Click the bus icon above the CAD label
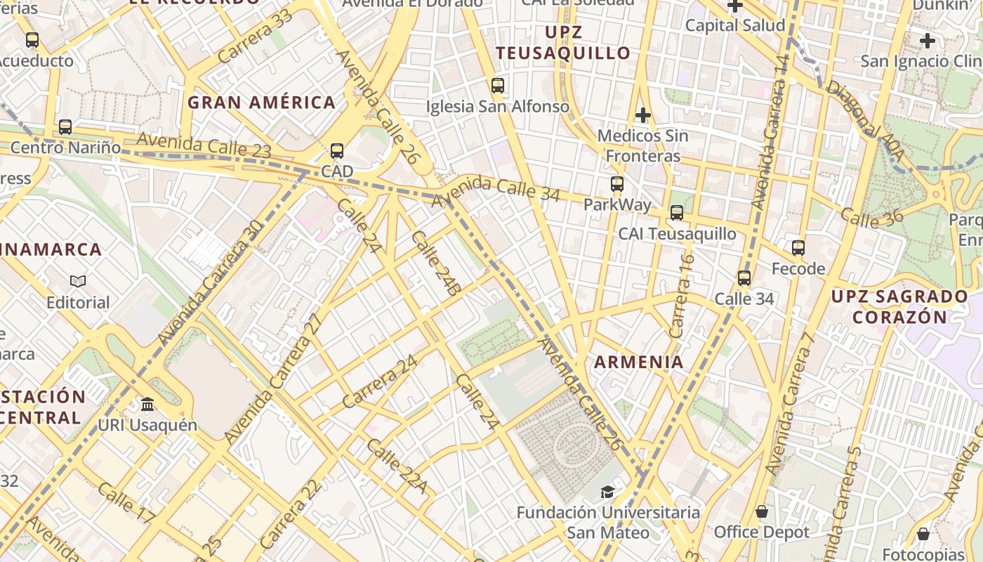[337, 151]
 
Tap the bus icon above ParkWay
[617, 184]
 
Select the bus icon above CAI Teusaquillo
[677, 213]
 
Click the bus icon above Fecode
[798, 248]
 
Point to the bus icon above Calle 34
[744, 278]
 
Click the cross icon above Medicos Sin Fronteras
[642, 115]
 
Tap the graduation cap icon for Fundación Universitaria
[607, 492]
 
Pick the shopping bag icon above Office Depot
[762, 511]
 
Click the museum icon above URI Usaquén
[147, 405]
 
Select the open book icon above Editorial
[78, 282]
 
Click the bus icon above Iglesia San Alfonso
[498, 86]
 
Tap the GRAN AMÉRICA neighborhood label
[261, 103]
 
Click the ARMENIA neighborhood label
[638, 362]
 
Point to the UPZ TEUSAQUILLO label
[564, 42]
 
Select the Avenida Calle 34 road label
[496, 189]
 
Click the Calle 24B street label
[436, 263]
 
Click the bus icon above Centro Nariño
[65, 127]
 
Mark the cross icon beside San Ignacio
[927, 41]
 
